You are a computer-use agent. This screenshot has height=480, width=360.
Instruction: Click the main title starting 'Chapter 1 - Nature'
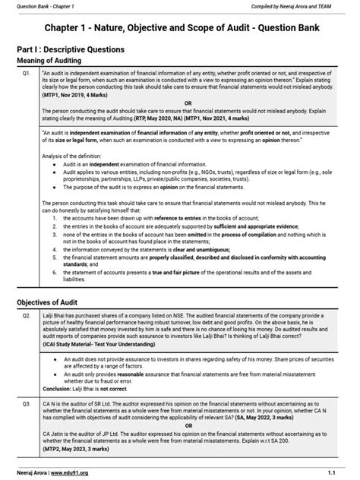(x=179, y=29)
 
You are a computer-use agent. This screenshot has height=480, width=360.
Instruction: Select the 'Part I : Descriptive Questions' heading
(x=76, y=49)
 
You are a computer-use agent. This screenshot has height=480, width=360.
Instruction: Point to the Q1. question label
(x=27, y=74)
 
